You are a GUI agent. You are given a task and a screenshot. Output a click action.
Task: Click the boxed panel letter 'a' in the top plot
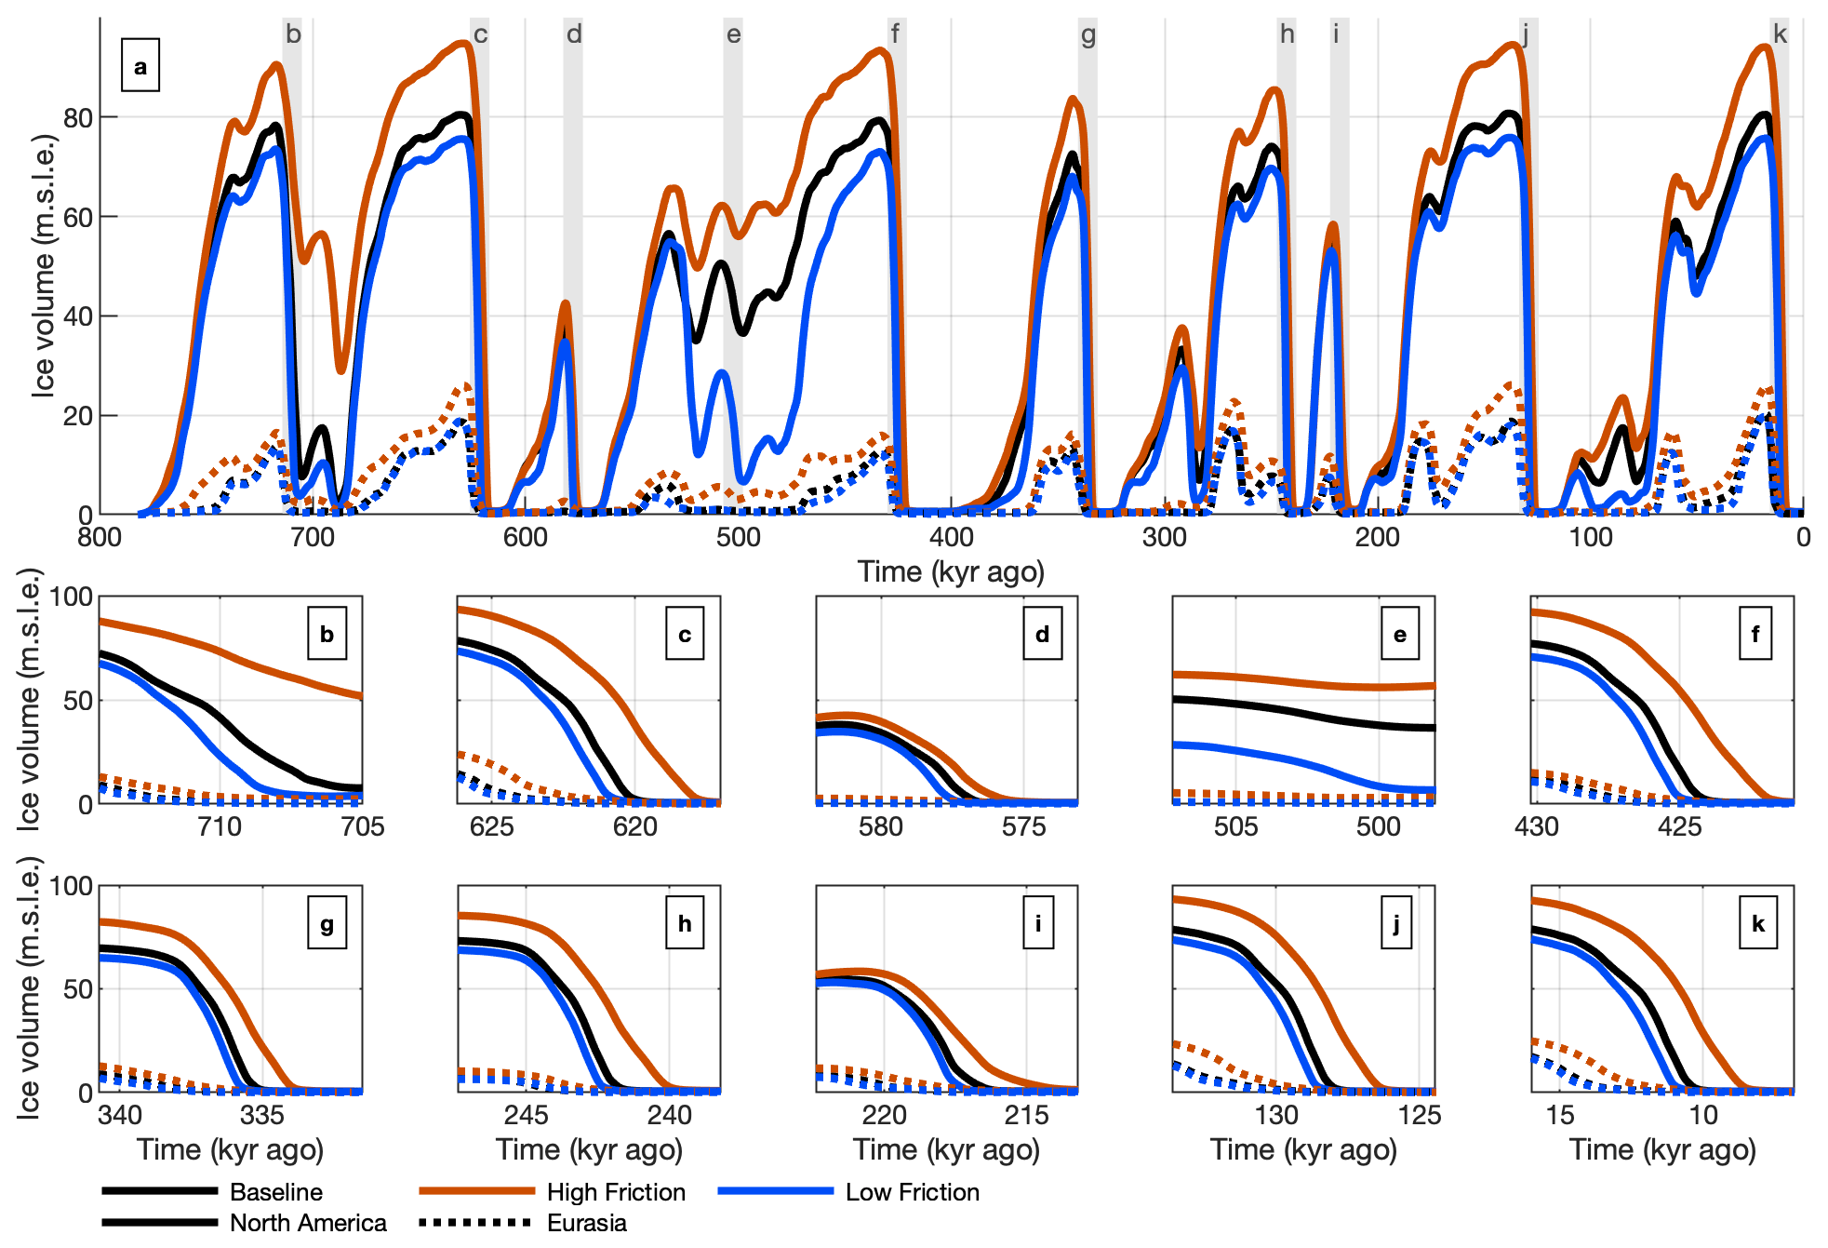point(140,66)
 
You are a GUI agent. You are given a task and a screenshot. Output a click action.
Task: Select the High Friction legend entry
point(615,1192)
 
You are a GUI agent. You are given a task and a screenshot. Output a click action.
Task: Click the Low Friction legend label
point(912,1192)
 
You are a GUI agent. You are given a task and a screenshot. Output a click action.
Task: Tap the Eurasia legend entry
point(586,1223)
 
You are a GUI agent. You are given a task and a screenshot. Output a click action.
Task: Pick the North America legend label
point(308,1223)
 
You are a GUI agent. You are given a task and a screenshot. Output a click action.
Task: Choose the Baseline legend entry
point(275,1192)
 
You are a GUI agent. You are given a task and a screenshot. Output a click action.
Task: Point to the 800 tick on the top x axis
point(100,537)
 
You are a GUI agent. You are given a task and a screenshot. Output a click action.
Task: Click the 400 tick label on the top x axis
point(951,537)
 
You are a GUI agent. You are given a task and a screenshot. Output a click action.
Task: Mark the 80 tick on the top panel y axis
point(77,118)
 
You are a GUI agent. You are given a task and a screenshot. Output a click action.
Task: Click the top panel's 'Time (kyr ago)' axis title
point(951,571)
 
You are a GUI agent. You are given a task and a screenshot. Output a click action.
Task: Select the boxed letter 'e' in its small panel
point(1400,634)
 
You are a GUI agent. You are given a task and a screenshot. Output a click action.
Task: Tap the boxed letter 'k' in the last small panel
point(1758,923)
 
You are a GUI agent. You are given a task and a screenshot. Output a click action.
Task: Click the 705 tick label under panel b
point(362,826)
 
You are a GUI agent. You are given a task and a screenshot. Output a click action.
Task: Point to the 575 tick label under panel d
point(1023,826)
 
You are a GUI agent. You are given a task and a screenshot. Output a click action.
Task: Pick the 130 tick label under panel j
point(1276,1115)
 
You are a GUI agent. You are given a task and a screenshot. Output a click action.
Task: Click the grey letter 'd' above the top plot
point(574,34)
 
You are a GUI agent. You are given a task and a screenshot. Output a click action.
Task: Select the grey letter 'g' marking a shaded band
point(1088,35)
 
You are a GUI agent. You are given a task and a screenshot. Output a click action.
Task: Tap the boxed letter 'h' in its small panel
point(685,923)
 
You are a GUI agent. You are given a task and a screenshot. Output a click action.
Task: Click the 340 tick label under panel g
point(120,1115)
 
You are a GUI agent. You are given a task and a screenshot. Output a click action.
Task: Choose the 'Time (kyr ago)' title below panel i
point(946,1150)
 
